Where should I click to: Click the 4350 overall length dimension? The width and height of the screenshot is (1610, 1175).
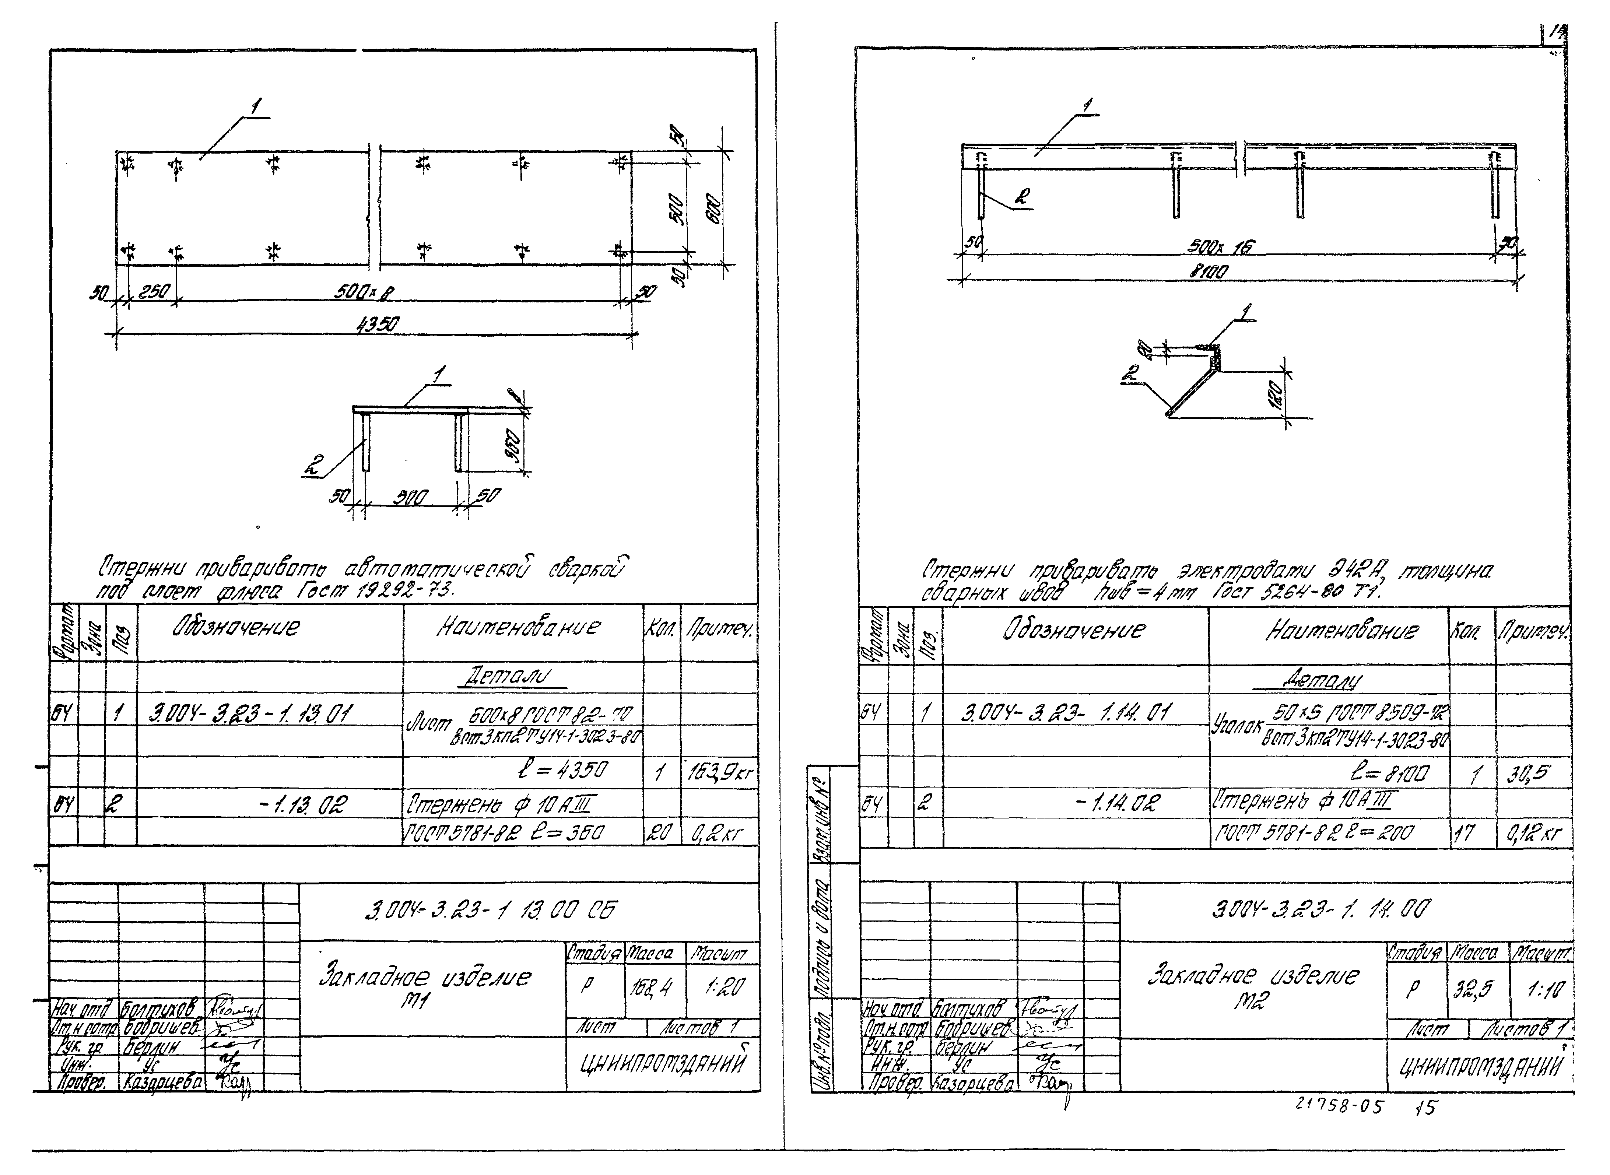pyautogui.click(x=378, y=325)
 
